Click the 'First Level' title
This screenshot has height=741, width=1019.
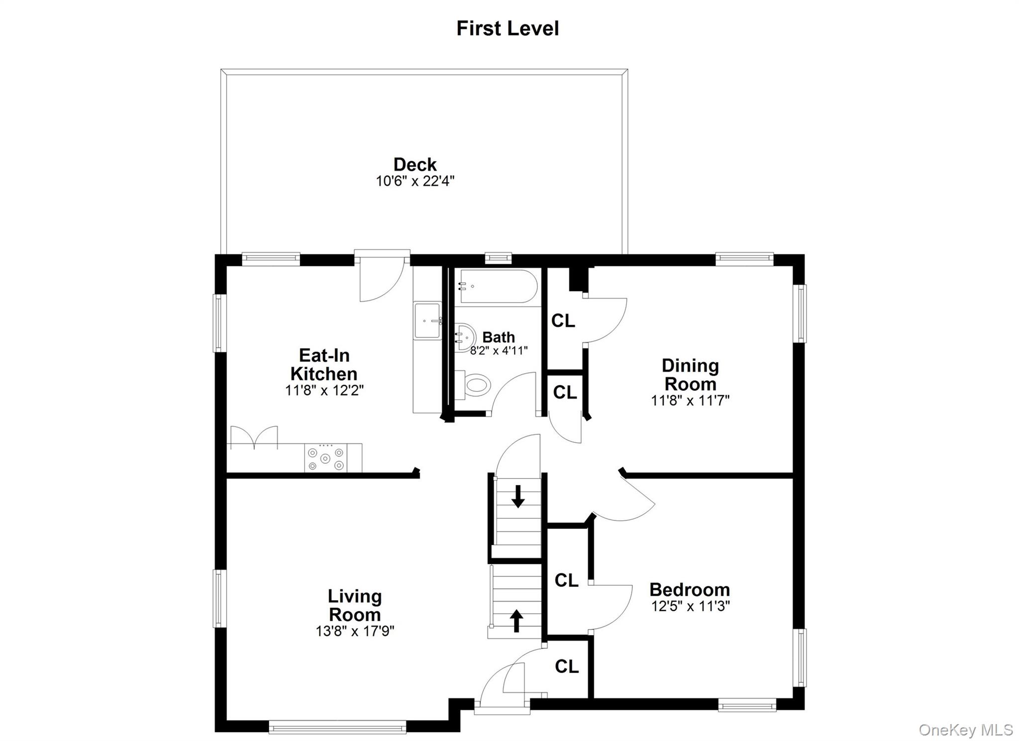point(508,28)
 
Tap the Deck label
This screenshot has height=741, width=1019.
point(415,164)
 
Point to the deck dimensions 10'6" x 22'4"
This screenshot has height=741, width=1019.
point(415,181)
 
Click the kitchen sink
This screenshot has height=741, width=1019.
point(427,321)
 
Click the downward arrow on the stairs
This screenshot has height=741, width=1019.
point(518,496)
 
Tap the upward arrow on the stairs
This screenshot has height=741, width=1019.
point(516,621)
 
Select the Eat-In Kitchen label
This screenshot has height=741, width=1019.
point(324,364)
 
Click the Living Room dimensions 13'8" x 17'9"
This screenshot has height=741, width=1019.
point(355,631)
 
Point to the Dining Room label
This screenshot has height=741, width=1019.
point(690,375)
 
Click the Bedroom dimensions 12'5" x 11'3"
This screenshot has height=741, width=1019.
point(690,606)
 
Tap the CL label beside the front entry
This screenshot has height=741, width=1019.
point(567,666)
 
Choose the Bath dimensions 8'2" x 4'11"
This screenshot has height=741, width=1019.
point(499,350)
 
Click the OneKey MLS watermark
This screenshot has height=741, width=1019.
point(966,730)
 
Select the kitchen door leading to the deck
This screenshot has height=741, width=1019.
point(382,277)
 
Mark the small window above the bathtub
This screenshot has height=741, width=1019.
point(498,257)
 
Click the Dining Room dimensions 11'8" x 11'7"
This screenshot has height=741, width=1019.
point(690,400)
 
